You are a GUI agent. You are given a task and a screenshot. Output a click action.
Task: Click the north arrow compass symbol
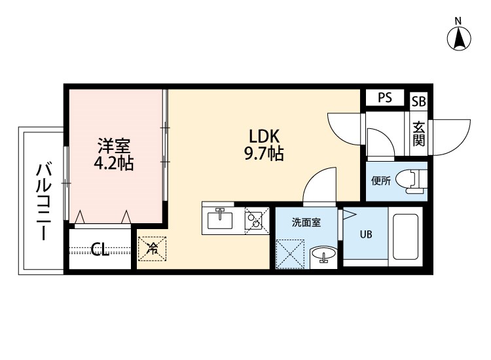pyautogui.click(x=460, y=38)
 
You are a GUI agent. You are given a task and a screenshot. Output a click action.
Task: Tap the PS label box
pyautogui.click(x=384, y=98)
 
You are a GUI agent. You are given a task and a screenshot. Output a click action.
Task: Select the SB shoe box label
pyautogui.click(x=418, y=101)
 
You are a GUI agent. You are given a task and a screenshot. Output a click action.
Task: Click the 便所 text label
pyautogui.click(x=381, y=181)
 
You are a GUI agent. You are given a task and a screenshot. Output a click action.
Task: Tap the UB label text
pyautogui.click(x=365, y=235)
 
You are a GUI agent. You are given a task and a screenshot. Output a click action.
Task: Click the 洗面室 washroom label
pyautogui.click(x=306, y=223)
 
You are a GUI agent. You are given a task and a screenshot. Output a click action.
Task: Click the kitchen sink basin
pyautogui.click(x=220, y=219)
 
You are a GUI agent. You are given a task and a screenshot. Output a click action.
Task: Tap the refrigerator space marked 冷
pyautogui.click(x=152, y=248)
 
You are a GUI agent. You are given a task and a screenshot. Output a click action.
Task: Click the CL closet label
pyautogui.click(x=100, y=249)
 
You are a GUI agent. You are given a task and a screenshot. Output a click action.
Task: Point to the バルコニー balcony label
pyautogui.click(x=43, y=201)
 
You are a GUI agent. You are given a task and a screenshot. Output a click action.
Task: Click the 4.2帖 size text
pyautogui.click(x=115, y=164)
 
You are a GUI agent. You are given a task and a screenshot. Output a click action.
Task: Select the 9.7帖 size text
pyautogui.click(x=264, y=154)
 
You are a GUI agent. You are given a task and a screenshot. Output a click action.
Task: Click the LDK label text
pyautogui.click(x=264, y=136)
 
